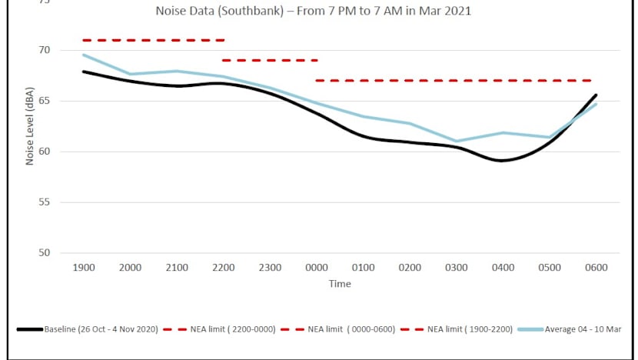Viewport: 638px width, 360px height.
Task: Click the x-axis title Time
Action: coord(340,284)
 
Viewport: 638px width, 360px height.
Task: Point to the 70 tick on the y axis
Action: coord(44,51)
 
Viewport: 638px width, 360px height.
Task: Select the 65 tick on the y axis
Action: coord(44,101)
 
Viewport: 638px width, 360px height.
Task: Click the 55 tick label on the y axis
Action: coord(44,202)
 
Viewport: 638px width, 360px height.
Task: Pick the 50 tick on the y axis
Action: coord(44,253)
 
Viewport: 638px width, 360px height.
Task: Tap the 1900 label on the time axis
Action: coord(83,268)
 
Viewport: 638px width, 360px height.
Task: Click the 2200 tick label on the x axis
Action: coord(223,268)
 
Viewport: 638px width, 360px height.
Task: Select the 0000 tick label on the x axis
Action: coord(317,268)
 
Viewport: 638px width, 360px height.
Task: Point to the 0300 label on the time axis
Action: coord(457,268)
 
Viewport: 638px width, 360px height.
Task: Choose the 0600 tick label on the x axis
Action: coord(596,268)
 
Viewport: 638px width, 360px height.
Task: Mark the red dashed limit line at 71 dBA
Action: coord(154,40)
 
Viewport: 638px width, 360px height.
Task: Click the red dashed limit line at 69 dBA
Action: coord(269,60)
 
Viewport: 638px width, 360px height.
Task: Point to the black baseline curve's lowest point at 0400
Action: coord(503,161)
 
